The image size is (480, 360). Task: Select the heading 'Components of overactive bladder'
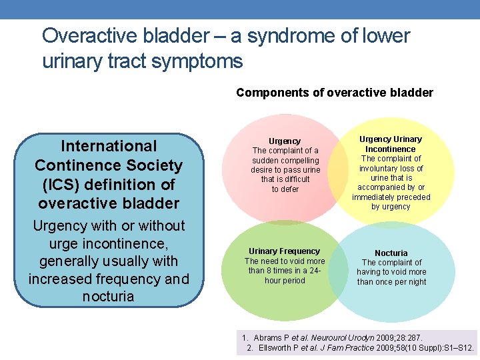pyautogui.click(x=334, y=93)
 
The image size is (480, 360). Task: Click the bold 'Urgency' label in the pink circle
pyautogui.click(x=285, y=141)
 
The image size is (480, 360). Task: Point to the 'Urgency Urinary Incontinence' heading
pyautogui.click(x=391, y=144)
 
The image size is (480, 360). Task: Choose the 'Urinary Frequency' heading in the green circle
pyautogui.click(x=285, y=251)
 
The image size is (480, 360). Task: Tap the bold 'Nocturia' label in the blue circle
pyautogui.click(x=391, y=253)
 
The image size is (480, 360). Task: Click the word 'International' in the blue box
pyautogui.click(x=109, y=146)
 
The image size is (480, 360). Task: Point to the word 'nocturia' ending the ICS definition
pyautogui.click(x=109, y=296)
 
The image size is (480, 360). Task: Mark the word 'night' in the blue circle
pyautogui.click(x=415, y=282)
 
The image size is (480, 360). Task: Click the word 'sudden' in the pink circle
pyautogui.click(x=266, y=161)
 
